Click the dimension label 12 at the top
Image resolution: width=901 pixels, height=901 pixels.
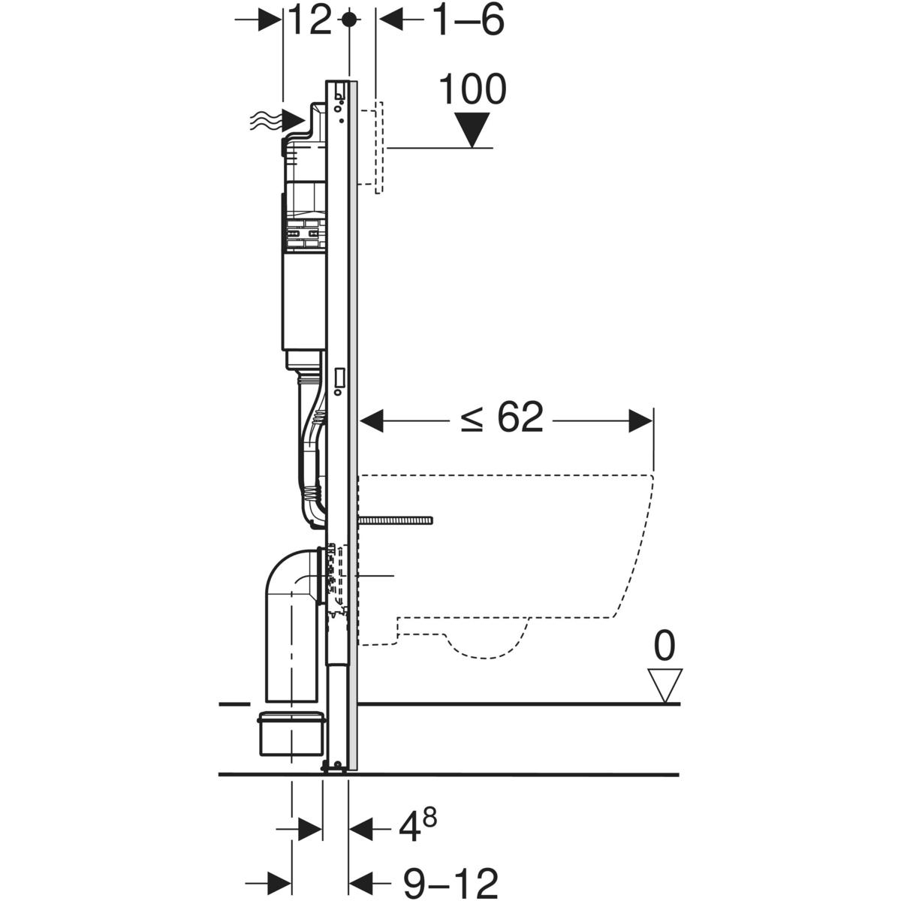pyautogui.click(x=309, y=21)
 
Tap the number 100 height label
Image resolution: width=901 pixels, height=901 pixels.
pyautogui.click(x=472, y=90)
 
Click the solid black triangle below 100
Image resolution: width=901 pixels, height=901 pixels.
pyautogui.click(x=473, y=129)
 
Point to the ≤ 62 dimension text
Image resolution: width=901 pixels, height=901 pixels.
pyautogui.click(x=502, y=418)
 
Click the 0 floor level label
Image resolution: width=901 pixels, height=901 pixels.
pyautogui.click(x=664, y=646)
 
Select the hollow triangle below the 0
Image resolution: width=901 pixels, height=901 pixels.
pyautogui.click(x=665, y=686)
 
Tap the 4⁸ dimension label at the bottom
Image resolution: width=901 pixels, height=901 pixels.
pyautogui.click(x=417, y=829)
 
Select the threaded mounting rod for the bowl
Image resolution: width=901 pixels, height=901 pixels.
pyautogui.click(x=396, y=519)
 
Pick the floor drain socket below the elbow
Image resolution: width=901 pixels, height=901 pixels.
pyautogui.click(x=291, y=734)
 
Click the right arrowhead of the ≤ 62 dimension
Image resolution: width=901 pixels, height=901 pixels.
pyautogui.click(x=640, y=420)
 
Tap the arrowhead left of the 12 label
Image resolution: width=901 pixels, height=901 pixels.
pyautogui.click(x=269, y=21)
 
